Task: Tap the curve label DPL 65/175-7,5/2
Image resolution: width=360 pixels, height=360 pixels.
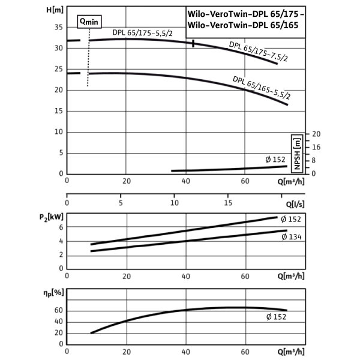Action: click(x=259, y=52)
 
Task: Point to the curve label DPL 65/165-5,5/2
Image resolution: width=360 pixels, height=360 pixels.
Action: click(x=262, y=88)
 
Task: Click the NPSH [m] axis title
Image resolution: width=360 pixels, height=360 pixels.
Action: click(x=297, y=154)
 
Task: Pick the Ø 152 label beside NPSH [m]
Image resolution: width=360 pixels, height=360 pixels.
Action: click(x=275, y=159)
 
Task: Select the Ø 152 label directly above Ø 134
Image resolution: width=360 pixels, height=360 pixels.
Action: click(x=290, y=219)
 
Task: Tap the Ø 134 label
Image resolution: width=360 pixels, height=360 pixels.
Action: click(x=291, y=236)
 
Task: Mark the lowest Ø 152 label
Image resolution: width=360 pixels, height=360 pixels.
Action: click(x=276, y=317)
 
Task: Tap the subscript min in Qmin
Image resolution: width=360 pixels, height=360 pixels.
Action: click(x=93, y=22)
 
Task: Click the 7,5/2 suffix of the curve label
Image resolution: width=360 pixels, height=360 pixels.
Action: click(x=278, y=57)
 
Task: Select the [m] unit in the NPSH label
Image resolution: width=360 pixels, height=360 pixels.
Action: click(x=297, y=143)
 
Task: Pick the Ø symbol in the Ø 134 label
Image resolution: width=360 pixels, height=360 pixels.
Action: click(x=283, y=236)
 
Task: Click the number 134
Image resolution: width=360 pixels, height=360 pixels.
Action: click(x=295, y=236)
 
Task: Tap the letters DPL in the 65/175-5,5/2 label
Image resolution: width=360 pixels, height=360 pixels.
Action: click(x=118, y=33)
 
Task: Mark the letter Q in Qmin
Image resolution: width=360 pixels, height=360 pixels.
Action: click(x=82, y=20)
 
